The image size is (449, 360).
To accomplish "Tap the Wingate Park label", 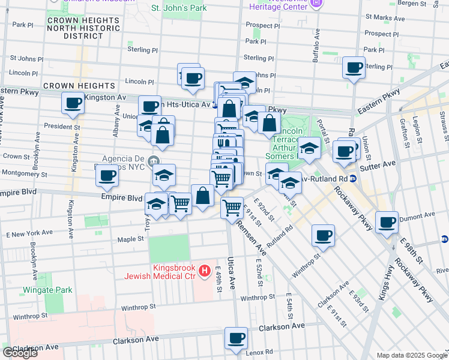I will (x=47, y=290).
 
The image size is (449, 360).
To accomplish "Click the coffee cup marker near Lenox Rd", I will (x=236, y=338).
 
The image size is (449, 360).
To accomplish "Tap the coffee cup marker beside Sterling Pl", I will (x=354, y=67).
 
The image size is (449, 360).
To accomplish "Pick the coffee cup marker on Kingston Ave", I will (x=73, y=103).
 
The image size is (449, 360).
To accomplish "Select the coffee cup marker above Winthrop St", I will (x=323, y=235).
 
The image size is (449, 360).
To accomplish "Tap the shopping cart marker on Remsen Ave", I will (x=232, y=208).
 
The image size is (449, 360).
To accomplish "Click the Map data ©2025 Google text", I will (x=411, y=355).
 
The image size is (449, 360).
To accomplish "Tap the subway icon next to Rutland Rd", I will (x=354, y=178).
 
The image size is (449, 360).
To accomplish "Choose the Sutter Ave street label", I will (x=382, y=163).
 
